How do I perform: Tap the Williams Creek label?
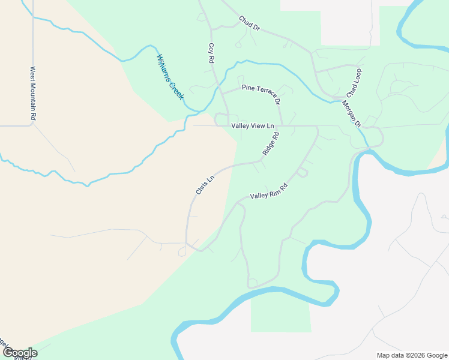pyautogui.click(x=170, y=77)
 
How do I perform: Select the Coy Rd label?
pyautogui.click(x=211, y=53)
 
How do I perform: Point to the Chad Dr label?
pyautogui.click(x=249, y=23)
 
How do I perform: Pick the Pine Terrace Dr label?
pyautogui.click(x=261, y=92)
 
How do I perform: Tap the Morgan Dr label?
pyautogui.click(x=351, y=113)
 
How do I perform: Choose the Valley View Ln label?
pyautogui.click(x=253, y=125)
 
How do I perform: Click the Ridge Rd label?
pyautogui.click(x=271, y=144)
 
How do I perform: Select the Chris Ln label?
pyautogui.click(x=205, y=185)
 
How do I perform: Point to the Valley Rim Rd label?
pyautogui.click(x=269, y=191)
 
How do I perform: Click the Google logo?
pyautogui.click(x=19, y=353)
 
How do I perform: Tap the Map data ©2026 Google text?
pyautogui.click(x=411, y=355)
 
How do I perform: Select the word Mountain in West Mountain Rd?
pyautogui.click(x=34, y=92)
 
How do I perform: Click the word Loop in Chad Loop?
pyautogui.click(x=357, y=76)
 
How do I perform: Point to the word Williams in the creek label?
pyautogui.click(x=164, y=67)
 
